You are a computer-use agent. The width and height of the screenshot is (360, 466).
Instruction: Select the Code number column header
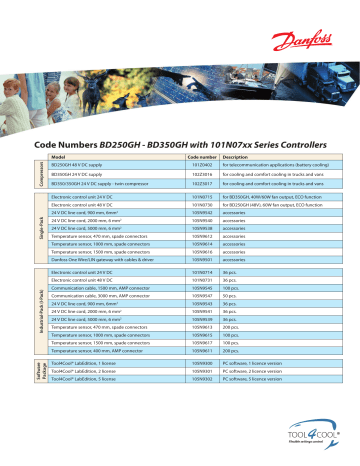pos(201,156)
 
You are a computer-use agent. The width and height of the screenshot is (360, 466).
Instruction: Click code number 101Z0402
pos(201,165)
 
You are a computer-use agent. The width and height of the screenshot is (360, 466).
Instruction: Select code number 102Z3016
pos(201,175)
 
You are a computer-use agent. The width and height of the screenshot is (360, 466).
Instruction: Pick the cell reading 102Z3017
pos(201,185)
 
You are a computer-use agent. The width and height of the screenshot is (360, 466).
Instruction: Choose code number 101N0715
pos(201,200)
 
